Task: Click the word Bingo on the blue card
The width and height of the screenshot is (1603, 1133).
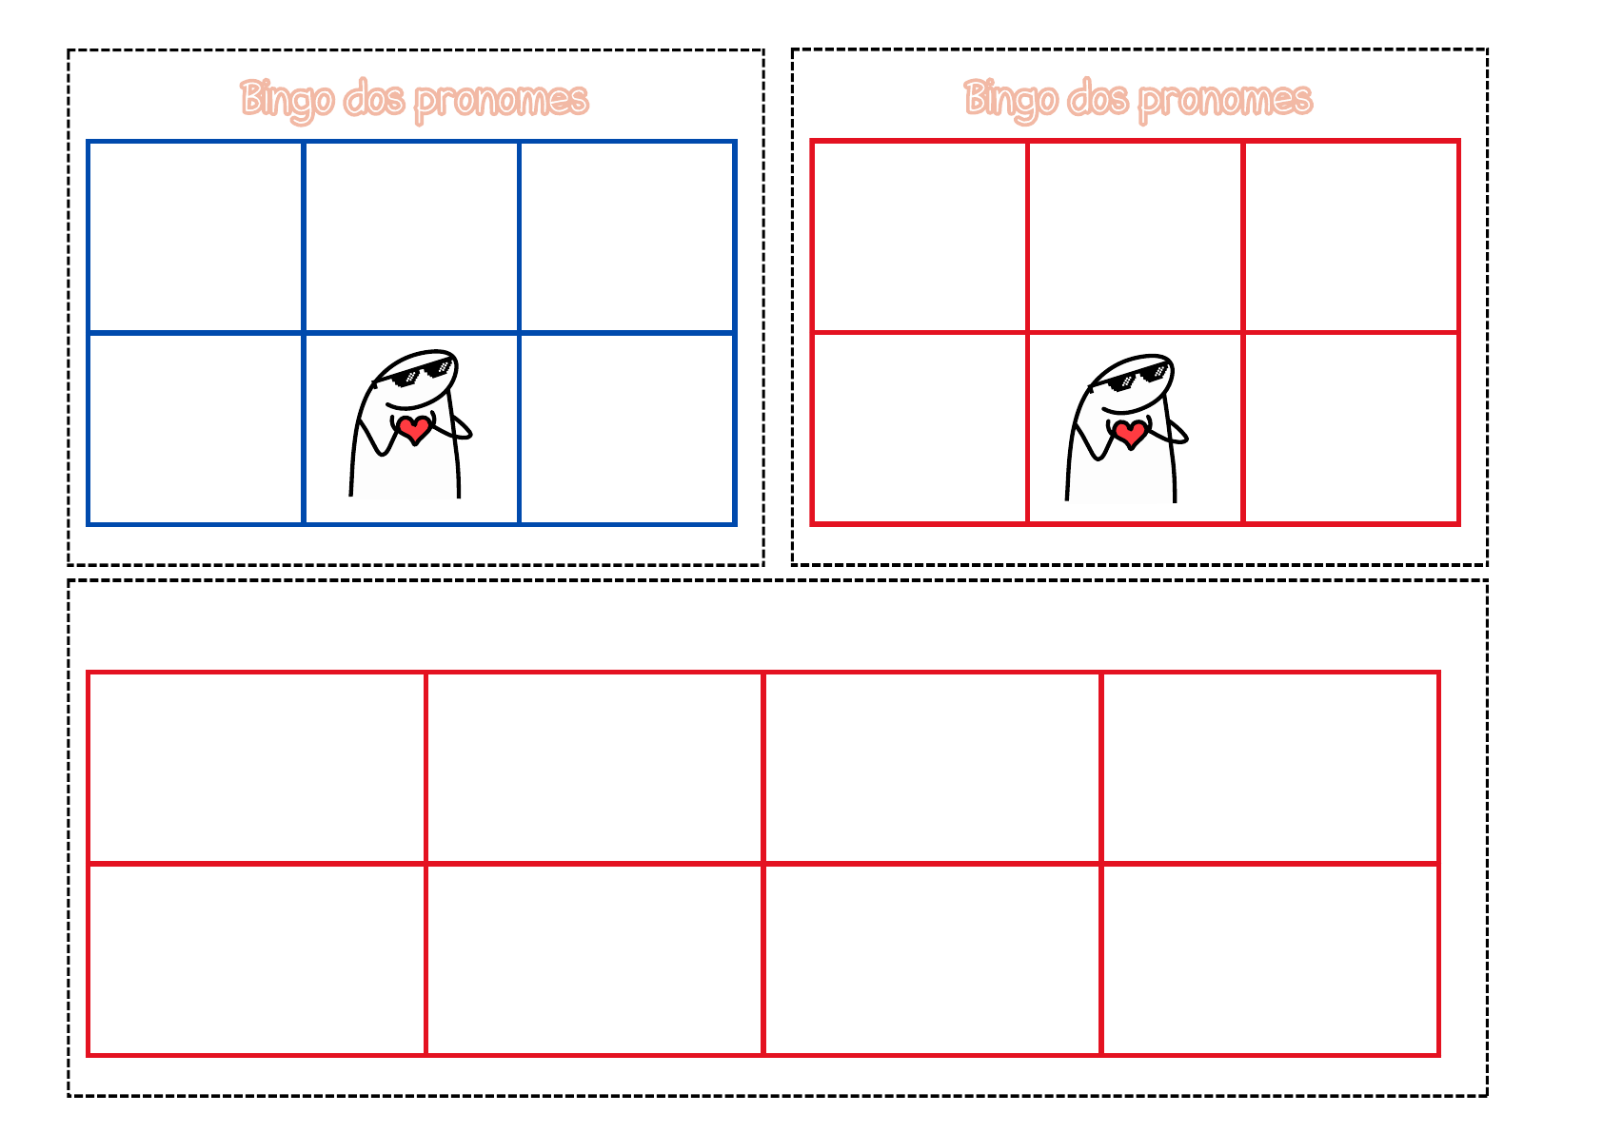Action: click(x=287, y=101)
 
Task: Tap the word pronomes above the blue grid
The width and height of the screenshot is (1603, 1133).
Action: click(x=502, y=101)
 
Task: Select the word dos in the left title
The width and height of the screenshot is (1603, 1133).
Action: click(x=373, y=98)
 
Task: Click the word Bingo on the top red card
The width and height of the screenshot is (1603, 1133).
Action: click(x=1011, y=101)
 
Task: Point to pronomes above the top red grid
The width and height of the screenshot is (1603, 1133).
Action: click(x=1226, y=101)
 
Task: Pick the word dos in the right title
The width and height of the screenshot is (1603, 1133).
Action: click(x=1098, y=98)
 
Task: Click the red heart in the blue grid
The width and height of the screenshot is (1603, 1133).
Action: click(x=414, y=429)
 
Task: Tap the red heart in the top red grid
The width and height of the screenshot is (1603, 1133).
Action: click(x=1130, y=434)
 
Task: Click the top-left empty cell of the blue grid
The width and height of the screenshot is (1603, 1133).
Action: click(x=196, y=237)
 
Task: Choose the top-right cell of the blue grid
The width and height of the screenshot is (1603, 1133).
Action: click(x=627, y=237)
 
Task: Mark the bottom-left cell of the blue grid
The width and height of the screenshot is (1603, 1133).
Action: click(x=196, y=429)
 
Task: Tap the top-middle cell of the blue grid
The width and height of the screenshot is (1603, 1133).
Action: click(x=411, y=237)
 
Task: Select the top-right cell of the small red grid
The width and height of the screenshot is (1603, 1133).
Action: click(x=1351, y=237)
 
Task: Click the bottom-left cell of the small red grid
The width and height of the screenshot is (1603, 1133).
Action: click(x=920, y=428)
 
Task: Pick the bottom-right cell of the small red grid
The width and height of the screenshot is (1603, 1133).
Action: click(x=1351, y=428)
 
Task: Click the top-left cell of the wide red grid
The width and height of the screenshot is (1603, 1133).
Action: click(x=257, y=768)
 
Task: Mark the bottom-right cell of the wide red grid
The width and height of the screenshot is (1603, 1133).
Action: click(x=1270, y=960)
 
